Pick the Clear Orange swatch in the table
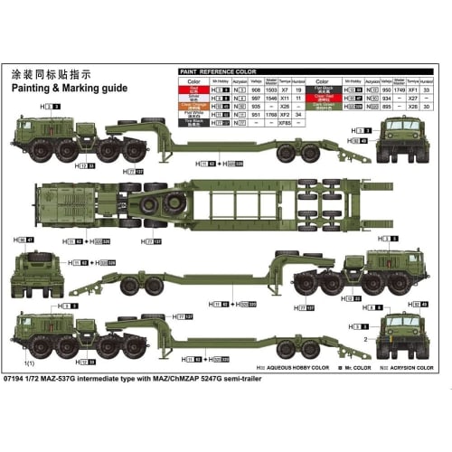[193, 107]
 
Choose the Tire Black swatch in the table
[193, 123]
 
